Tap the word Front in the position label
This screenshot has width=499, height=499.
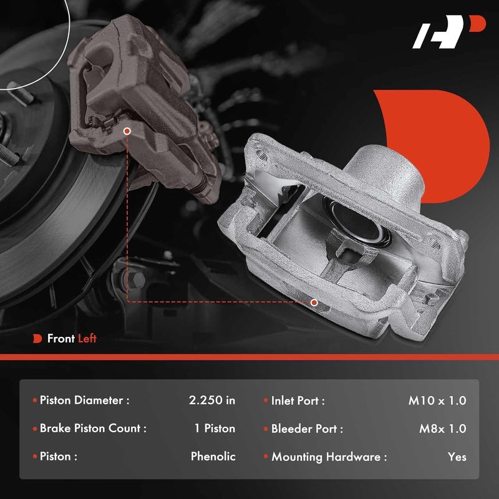pos(61,339)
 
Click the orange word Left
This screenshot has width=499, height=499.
pos(87,339)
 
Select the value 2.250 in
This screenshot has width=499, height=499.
pos(212,400)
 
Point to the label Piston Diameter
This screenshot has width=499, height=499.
pos(84,400)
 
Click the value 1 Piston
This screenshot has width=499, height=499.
pos(215,429)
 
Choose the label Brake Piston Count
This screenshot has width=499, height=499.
pos(93,429)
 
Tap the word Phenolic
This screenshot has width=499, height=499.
pos(213,456)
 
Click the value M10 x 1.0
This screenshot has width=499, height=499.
pos(437,400)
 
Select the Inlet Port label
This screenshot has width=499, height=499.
pos(298,400)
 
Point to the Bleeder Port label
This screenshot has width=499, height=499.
pos(306,429)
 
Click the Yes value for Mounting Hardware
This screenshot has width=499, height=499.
pos(457,457)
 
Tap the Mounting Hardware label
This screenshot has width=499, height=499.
pos(328,457)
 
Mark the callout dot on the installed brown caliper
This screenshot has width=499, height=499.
pos(127,132)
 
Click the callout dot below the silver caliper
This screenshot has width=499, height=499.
pos(314,302)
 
